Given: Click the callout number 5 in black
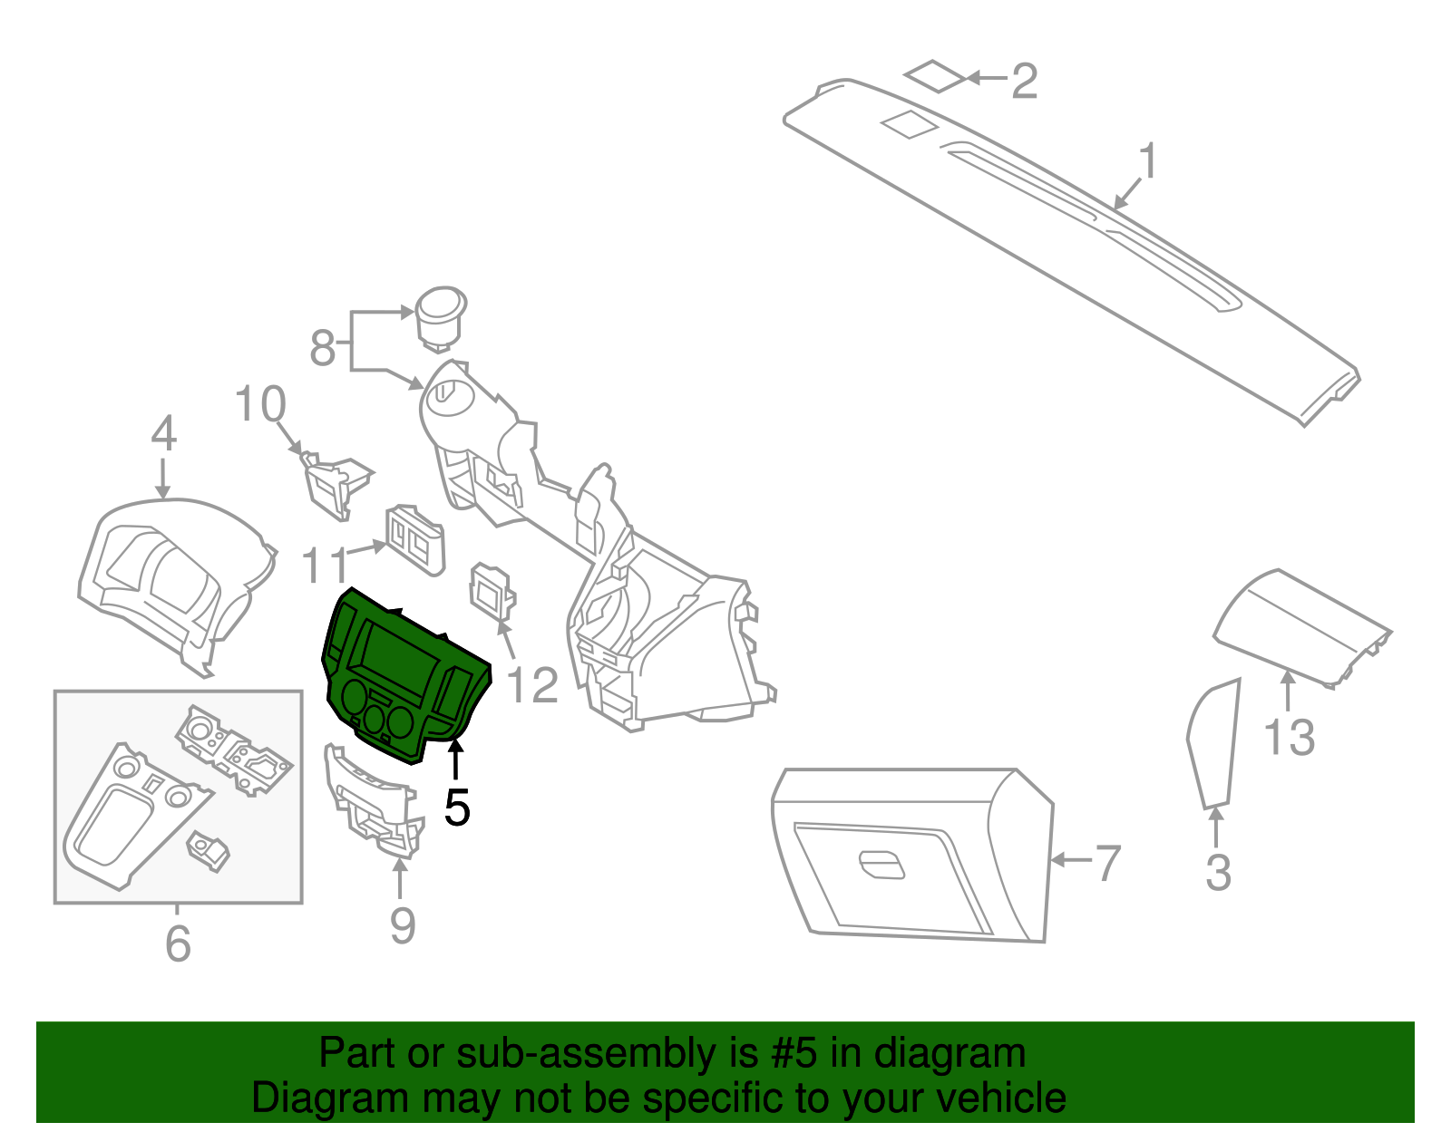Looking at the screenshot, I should [x=457, y=807].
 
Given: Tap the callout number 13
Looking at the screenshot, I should [x=1289, y=738].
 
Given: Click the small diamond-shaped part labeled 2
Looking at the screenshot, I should [x=936, y=76].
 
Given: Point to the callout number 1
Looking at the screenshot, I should [x=1148, y=162].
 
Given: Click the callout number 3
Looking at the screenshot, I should [x=1218, y=873].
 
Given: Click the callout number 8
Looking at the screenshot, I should [x=323, y=348].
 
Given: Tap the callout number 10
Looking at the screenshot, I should [x=260, y=404].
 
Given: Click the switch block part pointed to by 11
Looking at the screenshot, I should [x=416, y=541].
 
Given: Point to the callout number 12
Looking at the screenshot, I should [x=532, y=686].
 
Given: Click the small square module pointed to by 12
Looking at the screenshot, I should [x=492, y=593].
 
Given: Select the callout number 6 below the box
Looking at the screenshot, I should [x=179, y=943].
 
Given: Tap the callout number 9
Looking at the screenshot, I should [x=403, y=925].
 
